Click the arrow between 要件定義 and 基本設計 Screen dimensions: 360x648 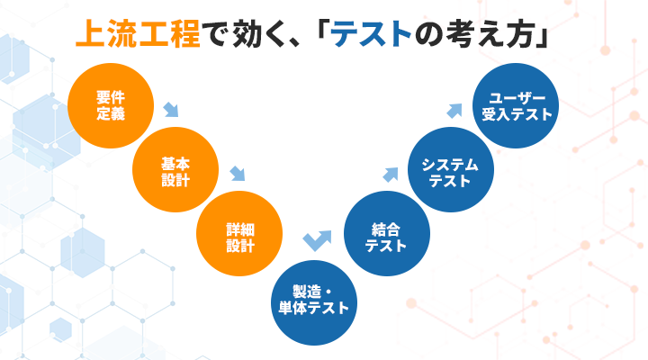tap(170, 112)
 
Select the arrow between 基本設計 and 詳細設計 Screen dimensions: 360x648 tap(238, 174)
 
